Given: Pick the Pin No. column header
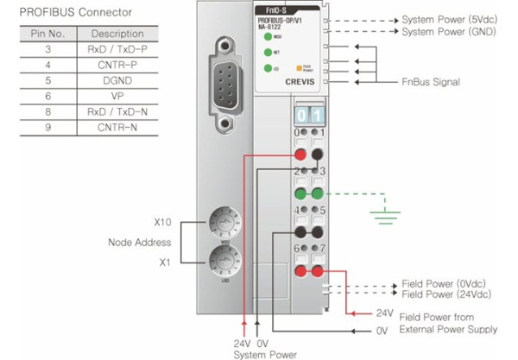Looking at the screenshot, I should click(47, 34).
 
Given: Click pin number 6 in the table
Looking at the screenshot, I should click(47, 96).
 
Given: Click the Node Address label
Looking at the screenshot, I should click(139, 242).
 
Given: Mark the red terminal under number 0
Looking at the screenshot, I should click(301, 155).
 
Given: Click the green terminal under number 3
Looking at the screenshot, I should click(320, 193).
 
